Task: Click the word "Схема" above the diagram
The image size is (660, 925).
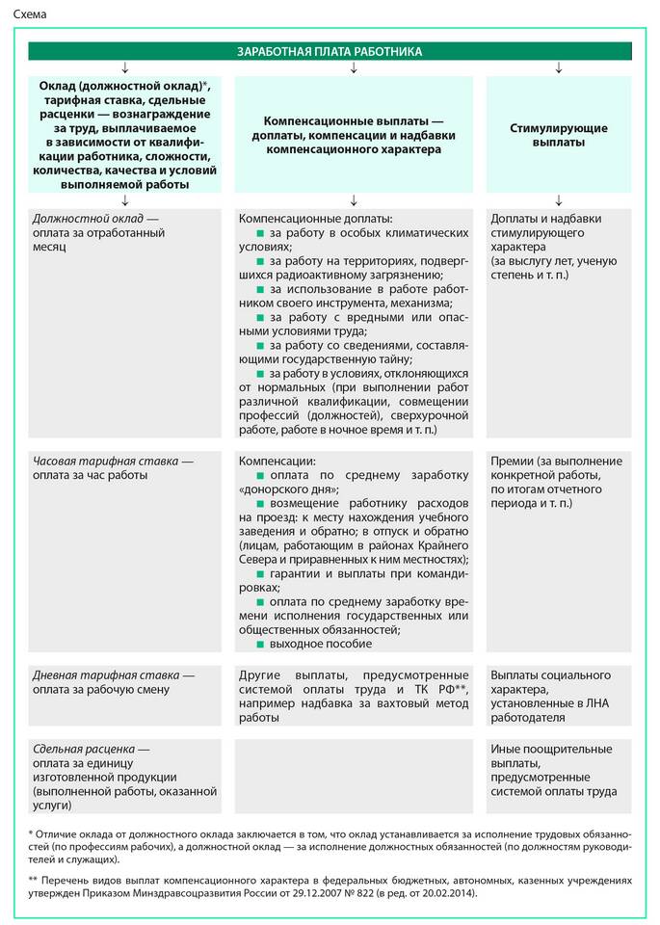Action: (x=30, y=14)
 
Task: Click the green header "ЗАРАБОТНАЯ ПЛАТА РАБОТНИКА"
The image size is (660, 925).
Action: (x=330, y=51)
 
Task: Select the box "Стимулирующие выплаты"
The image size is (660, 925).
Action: (x=559, y=135)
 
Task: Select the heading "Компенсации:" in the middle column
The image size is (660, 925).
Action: (x=277, y=462)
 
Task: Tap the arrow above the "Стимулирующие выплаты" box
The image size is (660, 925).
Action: (x=559, y=67)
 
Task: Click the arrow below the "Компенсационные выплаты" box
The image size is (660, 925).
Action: (x=354, y=199)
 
